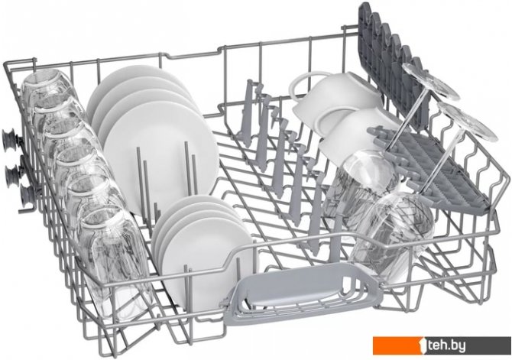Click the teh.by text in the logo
tap(447, 345)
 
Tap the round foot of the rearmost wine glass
tap(430, 81)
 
